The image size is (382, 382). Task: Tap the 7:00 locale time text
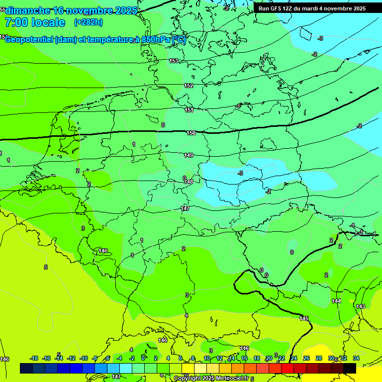point(35,22)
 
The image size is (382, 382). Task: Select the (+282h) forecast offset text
point(89,22)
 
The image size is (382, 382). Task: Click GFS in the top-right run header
point(277,8)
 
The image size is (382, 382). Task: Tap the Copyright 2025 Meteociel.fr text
point(211,379)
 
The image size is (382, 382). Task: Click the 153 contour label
point(174,61)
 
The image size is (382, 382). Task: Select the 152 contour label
point(189,86)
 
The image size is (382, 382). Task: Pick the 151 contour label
point(189,110)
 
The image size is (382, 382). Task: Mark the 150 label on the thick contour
point(191,133)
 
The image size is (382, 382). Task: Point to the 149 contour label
point(189,155)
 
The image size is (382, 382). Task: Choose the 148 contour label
point(189,182)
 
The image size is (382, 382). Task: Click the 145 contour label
point(304,318)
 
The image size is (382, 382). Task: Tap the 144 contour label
point(336,301)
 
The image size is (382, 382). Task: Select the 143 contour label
point(361,306)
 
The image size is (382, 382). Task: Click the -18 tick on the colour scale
point(34,358)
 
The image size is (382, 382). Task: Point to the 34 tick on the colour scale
point(356,358)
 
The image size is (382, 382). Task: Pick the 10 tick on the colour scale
point(206,358)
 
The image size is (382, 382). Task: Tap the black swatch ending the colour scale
point(349,368)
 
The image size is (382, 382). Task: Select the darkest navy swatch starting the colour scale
point(26,368)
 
